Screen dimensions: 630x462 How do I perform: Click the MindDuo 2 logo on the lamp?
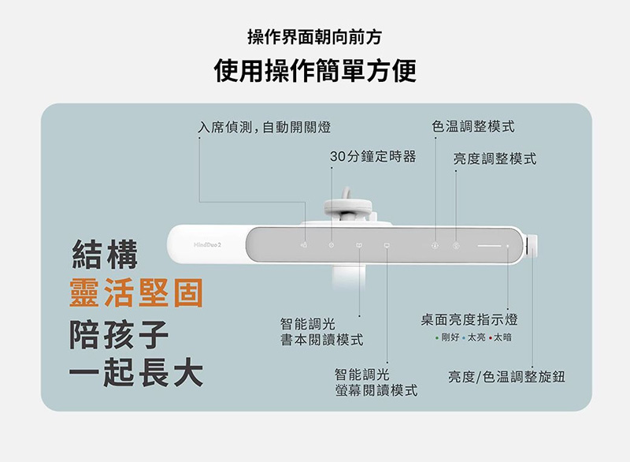[207, 244]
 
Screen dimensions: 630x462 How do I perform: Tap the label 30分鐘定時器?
[372, 156]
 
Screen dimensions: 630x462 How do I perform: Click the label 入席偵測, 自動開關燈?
[265, 127]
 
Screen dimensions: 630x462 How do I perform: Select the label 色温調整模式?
[473, 126]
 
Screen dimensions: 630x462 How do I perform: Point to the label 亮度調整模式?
[495, 158]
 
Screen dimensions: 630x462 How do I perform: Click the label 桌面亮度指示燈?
[469, 319]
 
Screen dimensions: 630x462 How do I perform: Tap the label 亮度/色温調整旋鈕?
[506, 377]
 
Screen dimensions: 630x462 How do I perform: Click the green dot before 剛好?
[437, 338]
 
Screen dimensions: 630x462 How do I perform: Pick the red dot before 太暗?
[490, 338]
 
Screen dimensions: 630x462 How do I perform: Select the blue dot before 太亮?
[464, 338]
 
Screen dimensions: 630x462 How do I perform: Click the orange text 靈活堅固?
[136, 292]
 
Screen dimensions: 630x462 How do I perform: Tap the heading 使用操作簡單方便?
[315, 70]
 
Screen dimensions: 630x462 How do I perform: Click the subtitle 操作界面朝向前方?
[314, 37]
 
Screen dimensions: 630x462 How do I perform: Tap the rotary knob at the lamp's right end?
[532, 246]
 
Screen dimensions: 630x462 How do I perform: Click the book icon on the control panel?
[359, 245]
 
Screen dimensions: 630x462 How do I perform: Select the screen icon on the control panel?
[387, 245]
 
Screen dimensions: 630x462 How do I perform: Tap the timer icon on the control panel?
[331, 245]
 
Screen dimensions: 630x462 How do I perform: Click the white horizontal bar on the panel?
[489, 246]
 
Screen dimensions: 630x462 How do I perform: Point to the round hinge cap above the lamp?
[348, 206]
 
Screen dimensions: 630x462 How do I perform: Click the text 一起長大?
[135, 372]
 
